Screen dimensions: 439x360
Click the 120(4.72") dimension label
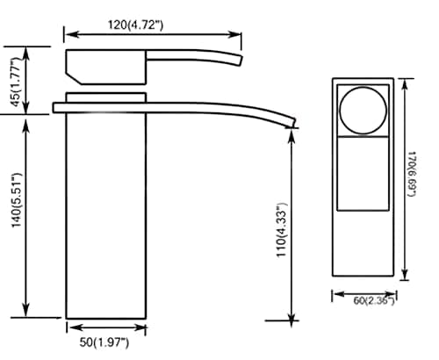[x=136, y=25]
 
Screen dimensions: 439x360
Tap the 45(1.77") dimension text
[x=16, y=82]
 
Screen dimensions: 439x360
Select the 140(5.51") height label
[x=17, y=200]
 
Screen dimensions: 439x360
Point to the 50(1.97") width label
[x=104, y=342]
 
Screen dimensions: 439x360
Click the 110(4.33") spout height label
[x=282, y=230]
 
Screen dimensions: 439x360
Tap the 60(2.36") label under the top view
[x=374, y=300]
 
